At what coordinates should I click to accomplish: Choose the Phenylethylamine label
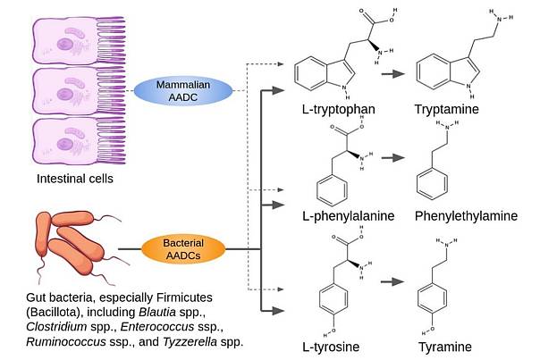[466, 216]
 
